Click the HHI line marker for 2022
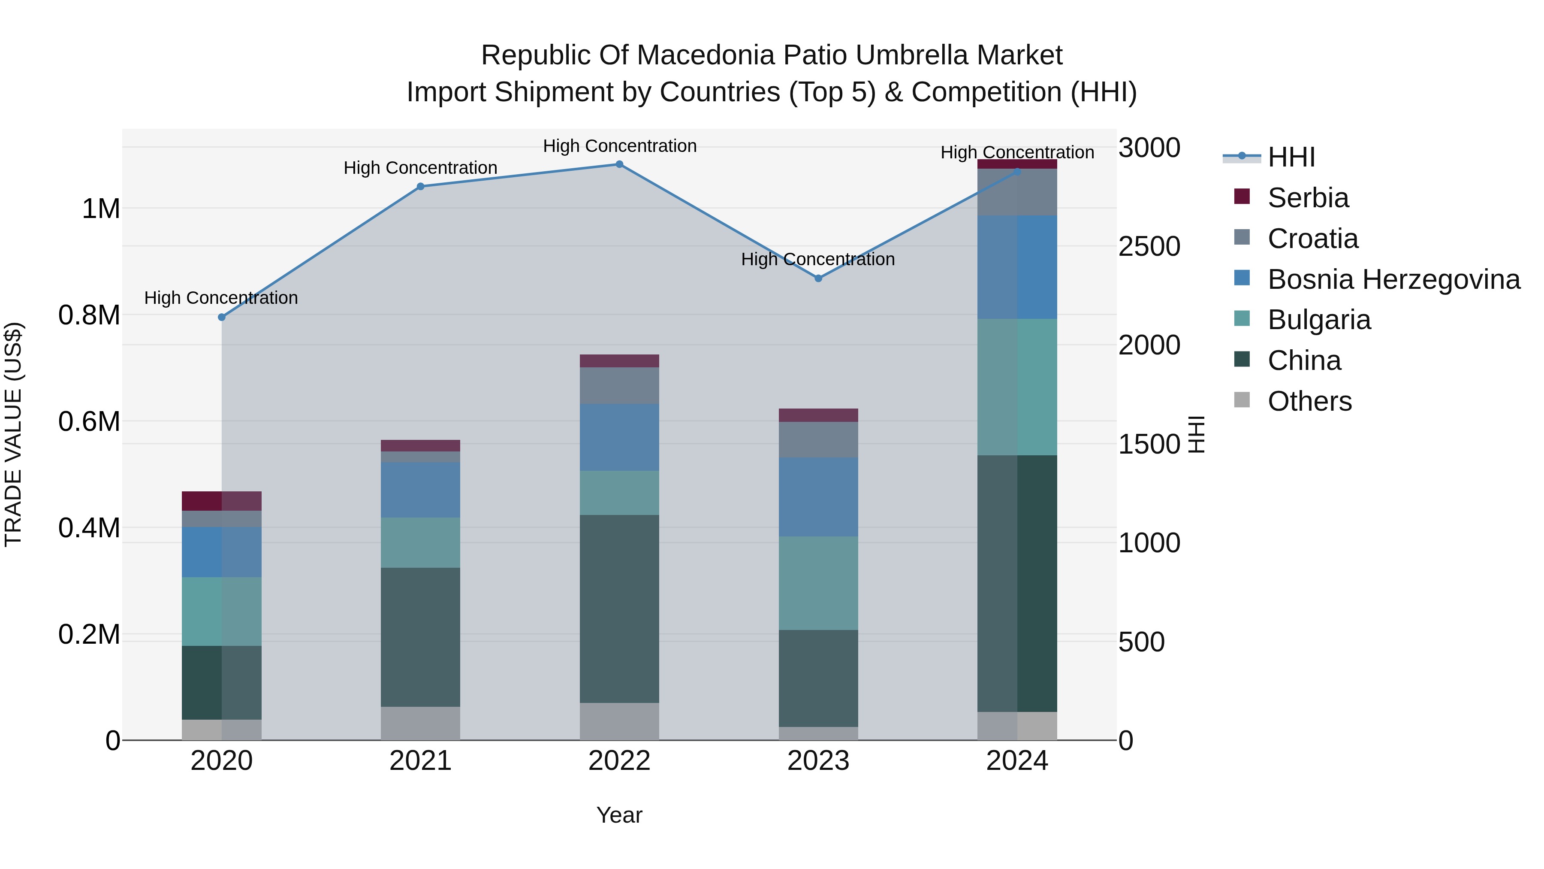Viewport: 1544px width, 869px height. pyautogui.click(x=619, y=164)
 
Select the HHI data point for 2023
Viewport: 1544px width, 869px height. pyautogui.click(x=818, y=278)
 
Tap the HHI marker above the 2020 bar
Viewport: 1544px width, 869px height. pyautogui.click(x=222, y=317)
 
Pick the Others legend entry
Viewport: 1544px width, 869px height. pyautogui.click(x=1309, y=401)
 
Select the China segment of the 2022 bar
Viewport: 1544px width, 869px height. pyautogui.click(x=619, y=609)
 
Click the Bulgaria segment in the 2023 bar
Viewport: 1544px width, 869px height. pyautogui.click(x=818, y=583)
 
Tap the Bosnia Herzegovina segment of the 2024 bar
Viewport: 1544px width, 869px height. pyautogui.click(x=1017, y=267)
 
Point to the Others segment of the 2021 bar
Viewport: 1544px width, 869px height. pyautogui.click(x=420, y=723)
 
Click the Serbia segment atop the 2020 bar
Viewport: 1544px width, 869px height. pyautogui.click(x=222, y=501)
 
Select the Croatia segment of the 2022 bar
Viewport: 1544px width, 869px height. pyautogui.click(x=619, y=386)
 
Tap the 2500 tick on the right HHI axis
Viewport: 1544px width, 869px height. pyautogui.click(x=1149, y=246)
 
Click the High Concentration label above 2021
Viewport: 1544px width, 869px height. pyautogui.click(x=420, y=168)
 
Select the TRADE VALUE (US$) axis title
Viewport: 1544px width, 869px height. pyautogui.click(x=13, y=434)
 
